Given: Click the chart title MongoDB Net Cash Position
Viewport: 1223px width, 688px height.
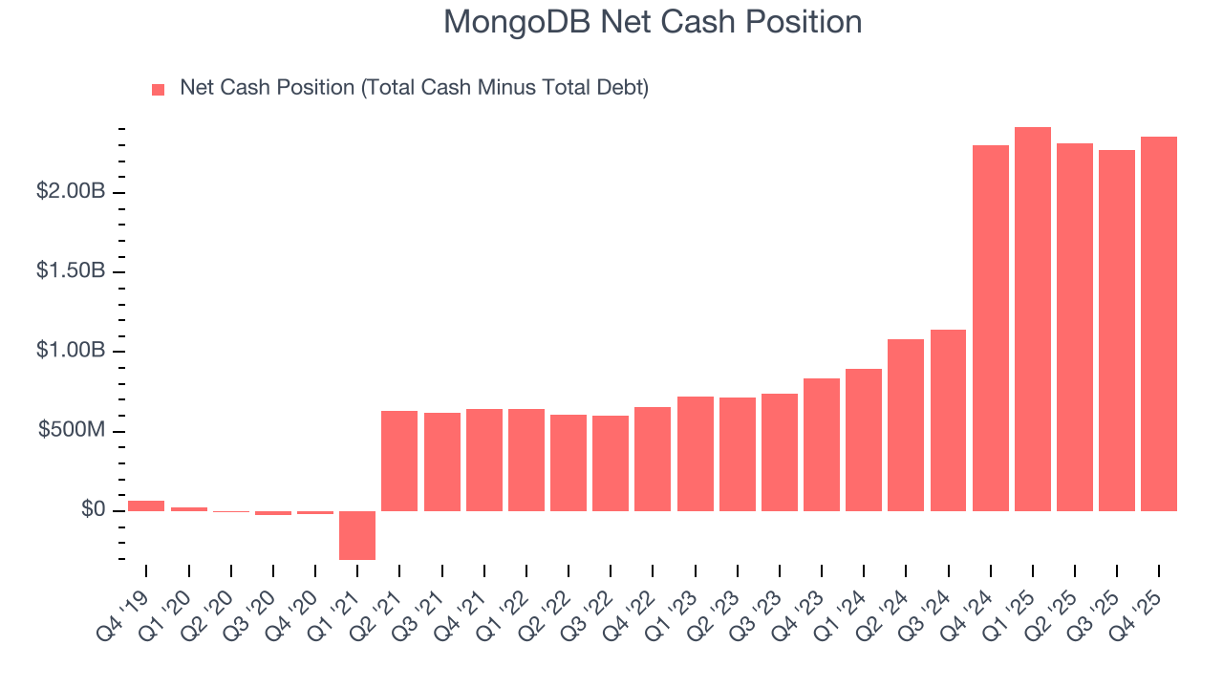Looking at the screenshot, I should (653, 22).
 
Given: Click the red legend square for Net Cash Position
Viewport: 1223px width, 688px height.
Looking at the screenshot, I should (159, 90).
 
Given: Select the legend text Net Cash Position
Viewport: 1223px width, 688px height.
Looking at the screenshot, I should (414, 88).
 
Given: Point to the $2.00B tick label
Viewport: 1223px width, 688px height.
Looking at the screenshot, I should (71, 192).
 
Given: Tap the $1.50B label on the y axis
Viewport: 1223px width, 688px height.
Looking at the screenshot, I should (71, 271).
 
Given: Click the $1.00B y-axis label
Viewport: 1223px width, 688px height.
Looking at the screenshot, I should (71, 351).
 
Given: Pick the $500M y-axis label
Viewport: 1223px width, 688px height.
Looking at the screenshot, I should (72, 431).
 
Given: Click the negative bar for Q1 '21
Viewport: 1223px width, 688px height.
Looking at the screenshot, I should (357, 535).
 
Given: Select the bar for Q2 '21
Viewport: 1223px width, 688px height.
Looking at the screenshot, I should (399, 461).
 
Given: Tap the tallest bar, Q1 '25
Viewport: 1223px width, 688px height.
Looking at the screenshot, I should (1033, 319).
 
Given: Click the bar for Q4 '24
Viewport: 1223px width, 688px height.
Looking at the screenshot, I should (991, 328).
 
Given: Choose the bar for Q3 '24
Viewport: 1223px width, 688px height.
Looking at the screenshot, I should (948, 420).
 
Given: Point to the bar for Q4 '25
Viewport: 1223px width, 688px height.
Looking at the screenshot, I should (1159, 324).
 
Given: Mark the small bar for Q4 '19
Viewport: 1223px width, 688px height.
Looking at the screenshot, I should (146, 505).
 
